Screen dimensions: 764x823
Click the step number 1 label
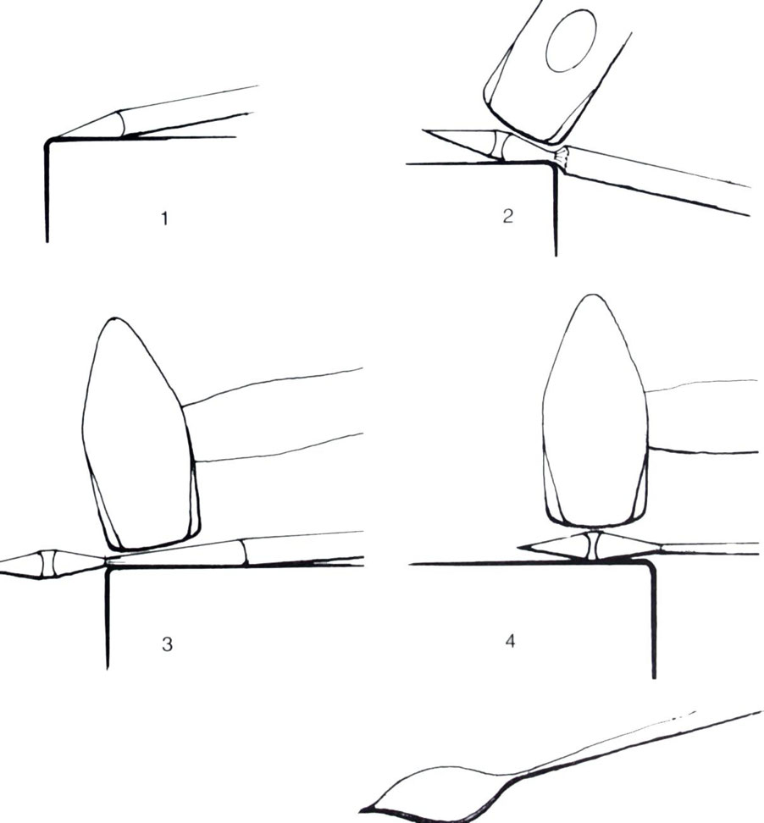(165, 218)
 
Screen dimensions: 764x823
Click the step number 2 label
(507, 216)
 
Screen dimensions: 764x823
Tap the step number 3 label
(167, 643)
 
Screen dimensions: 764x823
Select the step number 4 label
(510, 641)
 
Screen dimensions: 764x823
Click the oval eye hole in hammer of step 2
(571, 41)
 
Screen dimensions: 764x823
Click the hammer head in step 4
(594, 412)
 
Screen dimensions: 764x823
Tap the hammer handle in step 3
(273, 416)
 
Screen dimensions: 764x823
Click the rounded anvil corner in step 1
(48, 142)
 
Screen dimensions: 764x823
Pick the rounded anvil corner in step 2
(552, 167)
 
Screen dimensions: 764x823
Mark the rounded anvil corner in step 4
(650, 566)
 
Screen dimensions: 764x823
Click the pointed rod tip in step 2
(424, 130)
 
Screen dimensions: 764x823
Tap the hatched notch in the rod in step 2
(562, 156)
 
